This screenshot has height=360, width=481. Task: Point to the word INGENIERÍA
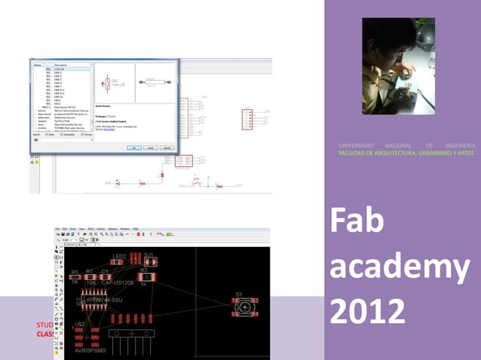click(x=460, y=145)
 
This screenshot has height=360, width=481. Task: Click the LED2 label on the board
click(x=119, y=257)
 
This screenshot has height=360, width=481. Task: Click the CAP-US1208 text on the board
click(x=118, y=282)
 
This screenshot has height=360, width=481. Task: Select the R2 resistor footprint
click(x=143, y=276)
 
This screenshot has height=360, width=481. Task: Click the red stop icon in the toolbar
click(x=139, y=234)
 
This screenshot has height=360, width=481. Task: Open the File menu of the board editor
click(x=57, y=228)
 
